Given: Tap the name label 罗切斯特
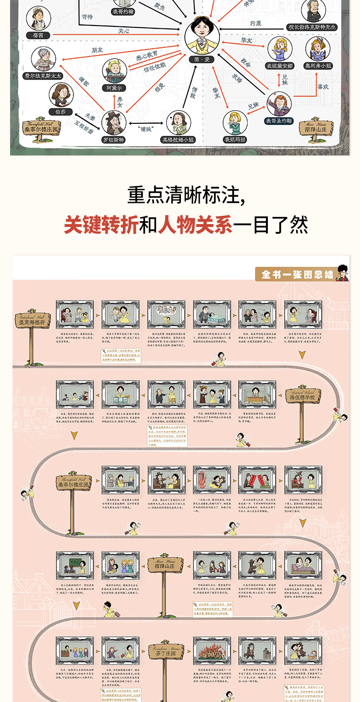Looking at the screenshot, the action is [x=113, y=140].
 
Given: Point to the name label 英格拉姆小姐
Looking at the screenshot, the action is [x=178, y=140].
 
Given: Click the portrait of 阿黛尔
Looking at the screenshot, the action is [x=114, y=71].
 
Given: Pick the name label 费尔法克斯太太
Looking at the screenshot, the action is [x=43, y=75].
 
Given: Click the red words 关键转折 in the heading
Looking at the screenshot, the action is [x=101, y=225].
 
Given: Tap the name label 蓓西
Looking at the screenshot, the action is [x=38, y=36].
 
